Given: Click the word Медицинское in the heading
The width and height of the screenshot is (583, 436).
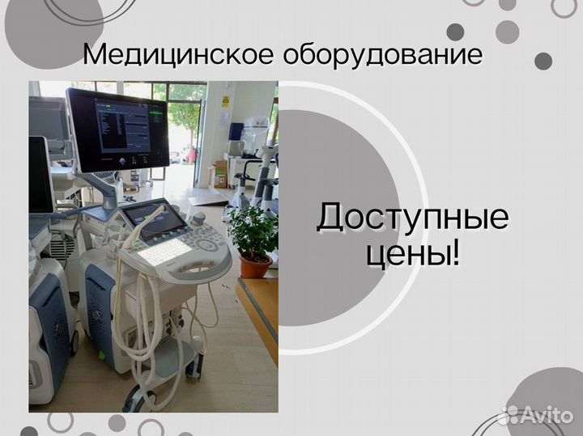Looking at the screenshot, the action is (178, 54).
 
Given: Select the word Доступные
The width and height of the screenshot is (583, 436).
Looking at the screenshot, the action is (413, 218).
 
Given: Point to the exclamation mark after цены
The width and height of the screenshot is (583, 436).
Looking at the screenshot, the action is (455, 253).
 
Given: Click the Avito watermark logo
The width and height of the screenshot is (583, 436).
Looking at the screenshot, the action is (536, 415).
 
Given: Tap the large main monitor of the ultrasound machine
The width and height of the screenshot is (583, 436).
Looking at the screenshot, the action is (117, 130).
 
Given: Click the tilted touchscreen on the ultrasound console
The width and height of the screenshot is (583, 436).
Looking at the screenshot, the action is (155, 219).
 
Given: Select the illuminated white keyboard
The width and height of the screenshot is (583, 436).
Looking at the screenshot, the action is (160, 252).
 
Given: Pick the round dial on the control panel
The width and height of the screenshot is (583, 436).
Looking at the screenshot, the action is (206, 245).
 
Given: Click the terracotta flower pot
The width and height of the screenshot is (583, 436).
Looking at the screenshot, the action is (255, 265).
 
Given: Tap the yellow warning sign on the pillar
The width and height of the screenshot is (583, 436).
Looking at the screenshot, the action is (225, 101).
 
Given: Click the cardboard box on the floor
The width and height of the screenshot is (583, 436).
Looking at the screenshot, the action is (219, 174).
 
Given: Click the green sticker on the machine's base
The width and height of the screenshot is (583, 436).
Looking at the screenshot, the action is (101, 354).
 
